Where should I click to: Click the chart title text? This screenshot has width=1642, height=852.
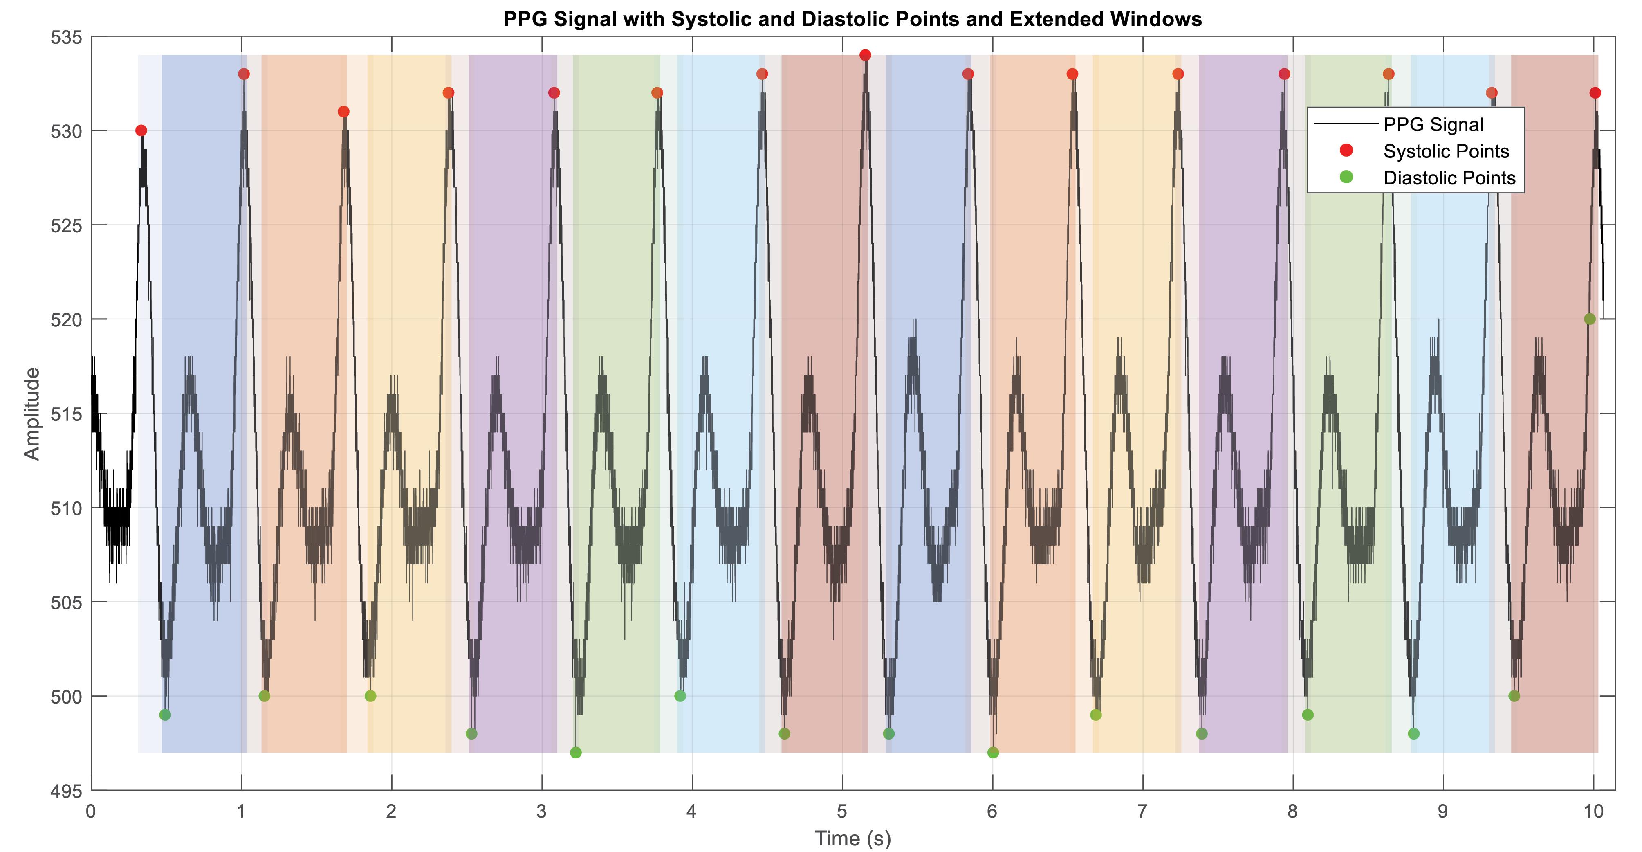[852, 19]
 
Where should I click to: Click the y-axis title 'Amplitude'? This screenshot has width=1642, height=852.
[32, 413]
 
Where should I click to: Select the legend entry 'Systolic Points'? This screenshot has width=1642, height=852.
[1446, 151]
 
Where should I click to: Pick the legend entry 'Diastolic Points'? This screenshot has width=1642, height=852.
[1449, 178]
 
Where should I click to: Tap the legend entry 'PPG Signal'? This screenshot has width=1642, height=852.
[1433, 124]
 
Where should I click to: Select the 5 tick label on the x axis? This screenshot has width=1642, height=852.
[842, 811]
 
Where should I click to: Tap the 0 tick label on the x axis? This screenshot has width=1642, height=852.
[91, 811]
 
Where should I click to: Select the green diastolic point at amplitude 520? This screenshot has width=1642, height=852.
[1590, 319]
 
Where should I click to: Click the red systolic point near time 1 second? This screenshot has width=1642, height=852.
[244, 74]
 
